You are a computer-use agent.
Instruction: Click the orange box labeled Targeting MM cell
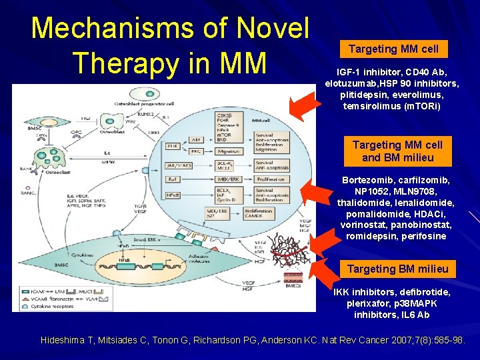coord(393,49)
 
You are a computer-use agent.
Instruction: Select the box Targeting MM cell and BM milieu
coord(397,151)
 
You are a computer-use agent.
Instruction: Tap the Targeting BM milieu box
coord(397,269)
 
